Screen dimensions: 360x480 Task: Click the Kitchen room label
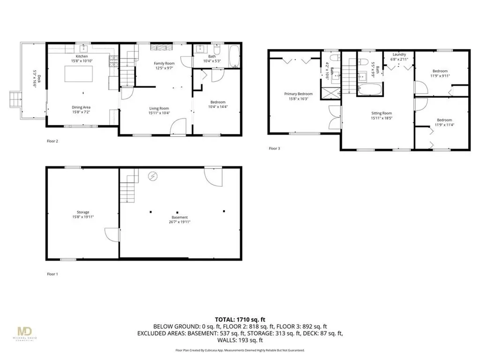[82, 56]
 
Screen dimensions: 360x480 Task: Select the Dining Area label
[81, 107]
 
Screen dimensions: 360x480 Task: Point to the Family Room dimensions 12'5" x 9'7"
[164, 68]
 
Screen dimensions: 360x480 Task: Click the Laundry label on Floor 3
[399, 54]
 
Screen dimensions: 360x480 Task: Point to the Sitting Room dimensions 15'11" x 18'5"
[381, 118]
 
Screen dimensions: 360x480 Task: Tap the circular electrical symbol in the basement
[153, 176]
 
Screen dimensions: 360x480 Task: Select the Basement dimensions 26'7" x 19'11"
[180, 222]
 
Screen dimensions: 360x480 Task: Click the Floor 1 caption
[52, 274]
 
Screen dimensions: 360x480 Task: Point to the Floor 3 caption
[274, 149]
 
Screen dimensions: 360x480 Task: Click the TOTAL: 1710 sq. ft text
[240, 317]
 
